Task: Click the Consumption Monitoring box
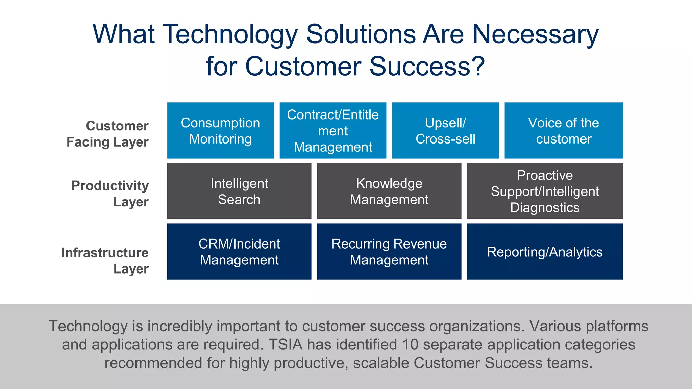coord(220,131)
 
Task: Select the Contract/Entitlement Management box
coord(333,131)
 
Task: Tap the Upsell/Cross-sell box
coord(445,131)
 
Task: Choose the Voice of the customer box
coord(563,131)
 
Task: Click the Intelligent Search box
coord(239,191)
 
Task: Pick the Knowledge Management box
coord(389,191)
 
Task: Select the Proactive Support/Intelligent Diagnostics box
coord(545,191)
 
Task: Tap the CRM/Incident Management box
coord(239,252)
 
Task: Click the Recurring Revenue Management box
coord(389,252)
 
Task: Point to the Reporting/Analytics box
coord(545,252)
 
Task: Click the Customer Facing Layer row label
coord(108,134)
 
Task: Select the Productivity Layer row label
coord(110,193)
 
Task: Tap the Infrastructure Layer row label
coord(105,260)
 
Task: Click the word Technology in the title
coord(230,34)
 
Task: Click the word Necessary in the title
coord(535,34)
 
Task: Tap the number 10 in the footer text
coord(410,345)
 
